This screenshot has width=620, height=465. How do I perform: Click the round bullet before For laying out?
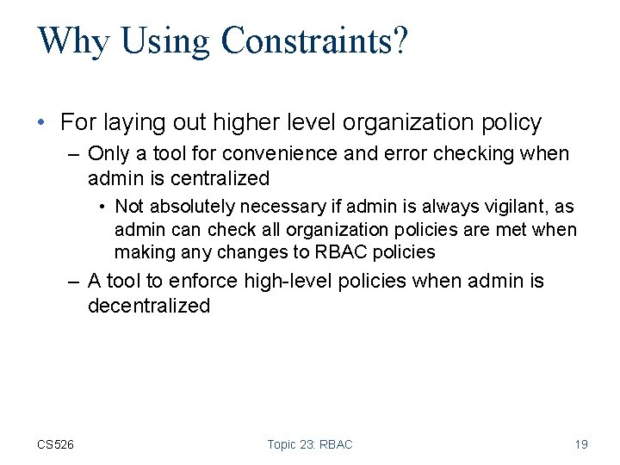42,123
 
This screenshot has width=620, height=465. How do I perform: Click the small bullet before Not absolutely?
102,207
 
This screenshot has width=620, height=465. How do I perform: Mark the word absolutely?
194,207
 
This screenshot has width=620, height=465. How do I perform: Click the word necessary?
282,207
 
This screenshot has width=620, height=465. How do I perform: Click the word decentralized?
148,306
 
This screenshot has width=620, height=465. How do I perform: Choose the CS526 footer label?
55,444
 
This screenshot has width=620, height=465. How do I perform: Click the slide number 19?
581,444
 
